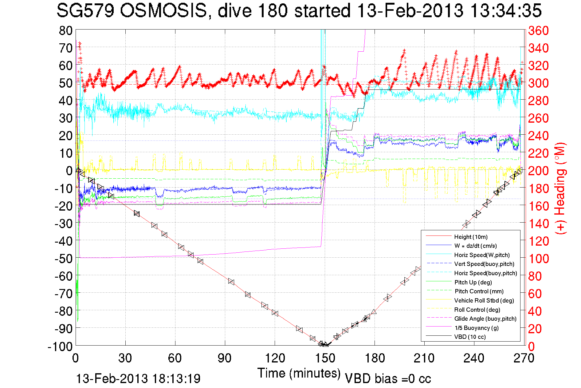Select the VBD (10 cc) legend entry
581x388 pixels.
(470, 337)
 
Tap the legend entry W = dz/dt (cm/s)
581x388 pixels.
(475, 246)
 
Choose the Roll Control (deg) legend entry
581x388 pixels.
(477, 310)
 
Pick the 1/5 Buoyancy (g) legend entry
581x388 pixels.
(477, 328)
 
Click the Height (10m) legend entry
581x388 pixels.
(471, 237)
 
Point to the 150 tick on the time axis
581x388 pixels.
(325, 358)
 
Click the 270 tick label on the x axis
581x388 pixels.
(524, 358)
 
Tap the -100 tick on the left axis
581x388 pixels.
(60, 346)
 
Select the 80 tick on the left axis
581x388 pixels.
(65, 30)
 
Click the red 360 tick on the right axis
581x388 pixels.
(538, 30)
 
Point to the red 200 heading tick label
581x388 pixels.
(538, 171)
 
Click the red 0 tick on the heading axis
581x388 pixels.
(531, 346)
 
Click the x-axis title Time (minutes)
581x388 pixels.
(299, 373)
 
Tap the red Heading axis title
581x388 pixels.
(560, 188)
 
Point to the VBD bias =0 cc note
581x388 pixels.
(388, 378)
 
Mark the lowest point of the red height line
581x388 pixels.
(324, 345)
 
